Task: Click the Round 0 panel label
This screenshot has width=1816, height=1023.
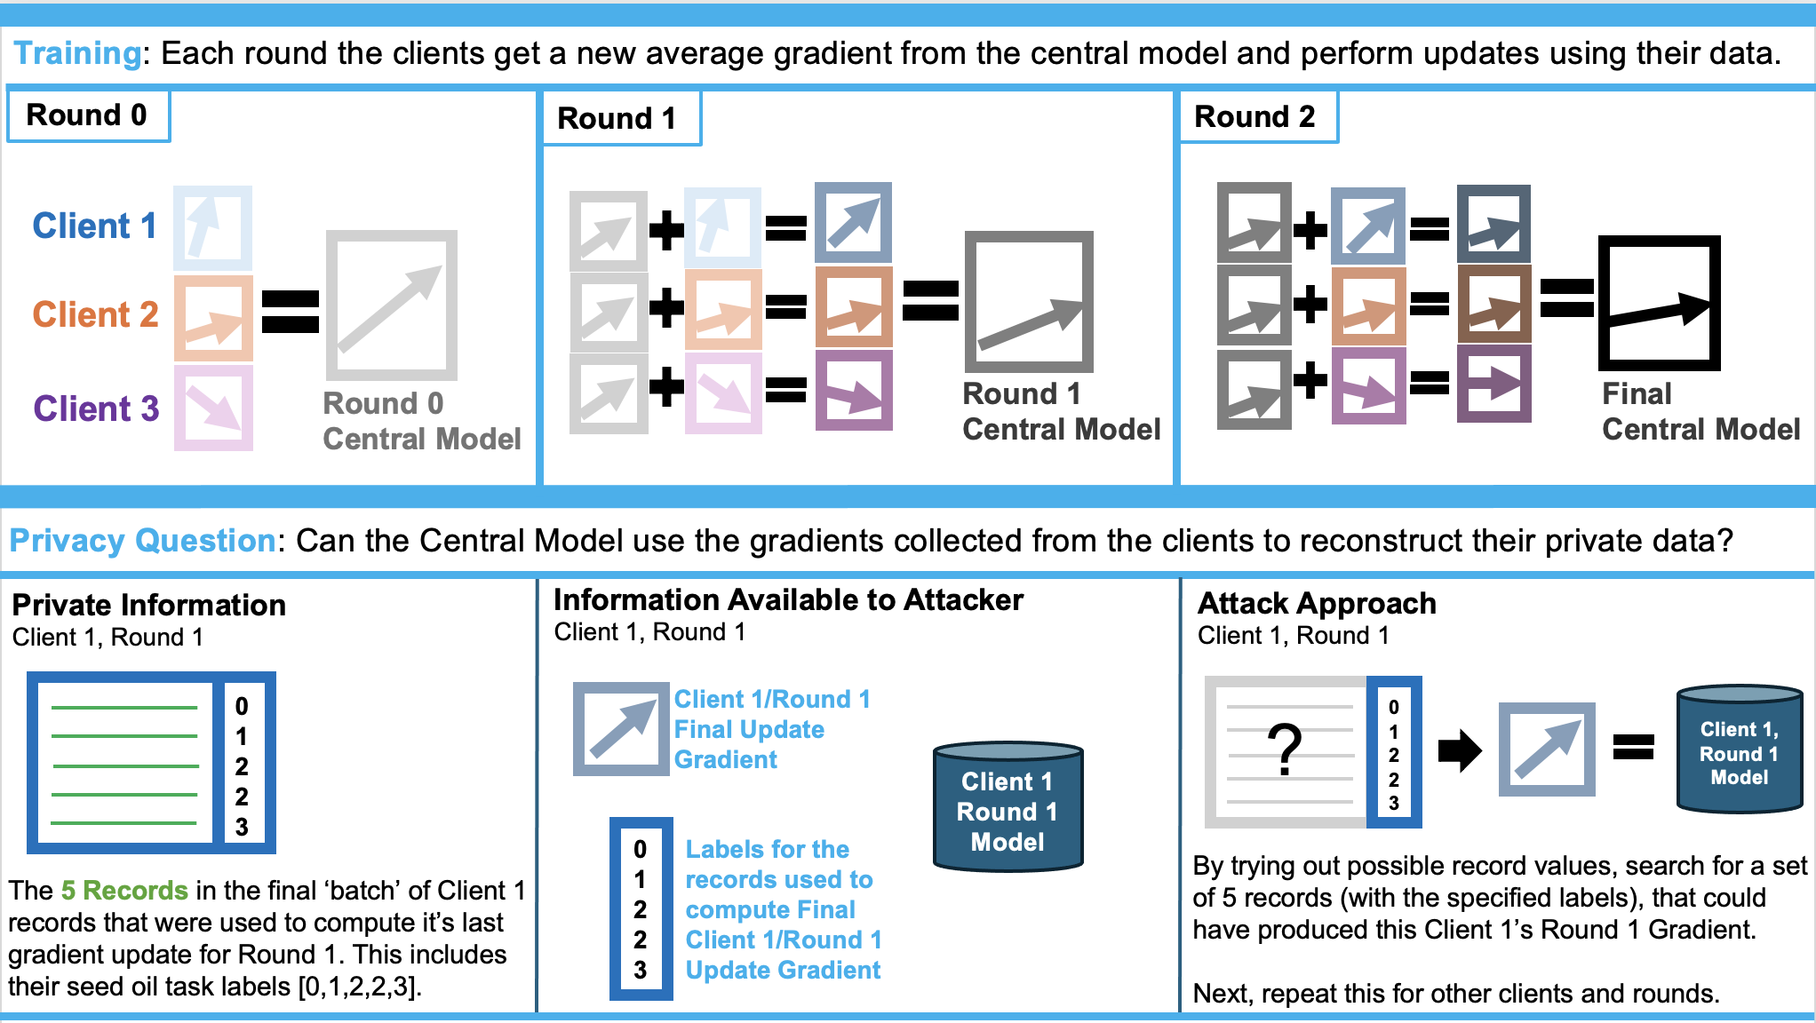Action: [x=87, y=115]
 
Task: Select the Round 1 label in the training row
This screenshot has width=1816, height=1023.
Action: [x=617, y=118]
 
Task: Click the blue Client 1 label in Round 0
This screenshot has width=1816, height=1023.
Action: [x=94, y=226]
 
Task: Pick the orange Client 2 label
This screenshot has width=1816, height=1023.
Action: [x=95, y=314]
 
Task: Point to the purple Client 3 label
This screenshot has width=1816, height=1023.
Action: [x=96, y=408]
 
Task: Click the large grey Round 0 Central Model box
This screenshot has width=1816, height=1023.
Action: [x=391, y=304]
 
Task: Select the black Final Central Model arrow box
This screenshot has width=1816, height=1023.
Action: [x=1659, y=304]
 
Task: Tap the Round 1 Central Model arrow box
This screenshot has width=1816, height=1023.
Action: [x=1029, y=302]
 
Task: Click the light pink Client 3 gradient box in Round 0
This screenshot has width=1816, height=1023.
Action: [x=213, y=408]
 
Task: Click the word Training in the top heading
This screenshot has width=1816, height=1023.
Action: [x=77, y=53]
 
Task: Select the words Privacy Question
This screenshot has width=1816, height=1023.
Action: [x=142, y=541]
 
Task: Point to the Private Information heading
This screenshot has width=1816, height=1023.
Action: [x=149, y=606]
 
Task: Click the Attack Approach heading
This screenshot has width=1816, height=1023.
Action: [x=1317, y=604]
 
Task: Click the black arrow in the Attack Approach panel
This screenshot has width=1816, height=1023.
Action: [x=1459, y=750]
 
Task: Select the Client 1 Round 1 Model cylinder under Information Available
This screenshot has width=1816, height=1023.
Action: [x=1008, y=806]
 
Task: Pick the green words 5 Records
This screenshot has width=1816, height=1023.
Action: [x=124, y=891]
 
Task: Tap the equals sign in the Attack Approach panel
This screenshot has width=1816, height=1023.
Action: [x=1633, y=748]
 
